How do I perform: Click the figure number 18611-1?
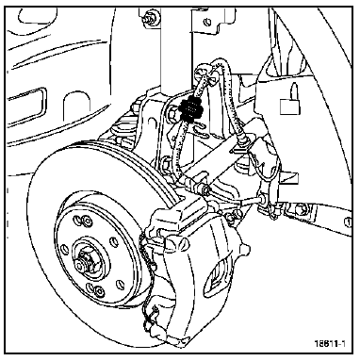(x=330, y=343)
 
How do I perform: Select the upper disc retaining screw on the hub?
(x=86, y=221)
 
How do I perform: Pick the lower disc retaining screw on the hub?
(x=99, y=289)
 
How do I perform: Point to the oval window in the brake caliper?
(x=217, y=277)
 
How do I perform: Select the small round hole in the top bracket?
(x=207, y=22)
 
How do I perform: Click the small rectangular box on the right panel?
(x=289, y=107)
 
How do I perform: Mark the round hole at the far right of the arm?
(x=347, y=222)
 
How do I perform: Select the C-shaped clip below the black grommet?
(x=200, y=130)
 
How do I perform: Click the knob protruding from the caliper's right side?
(x=245, y=248)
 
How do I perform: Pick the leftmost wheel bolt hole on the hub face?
(x=64, y=250)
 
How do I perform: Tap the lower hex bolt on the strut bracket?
(x=166, y=163)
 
